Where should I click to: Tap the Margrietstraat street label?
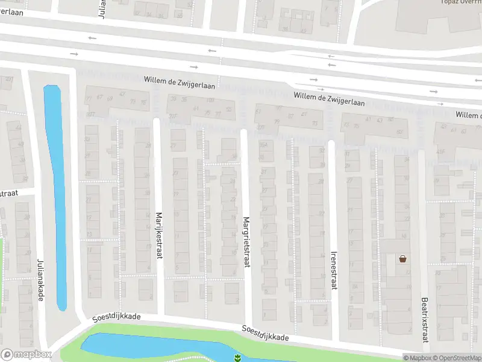(x=246, y=242)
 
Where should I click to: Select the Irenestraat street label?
(x=333, y=270)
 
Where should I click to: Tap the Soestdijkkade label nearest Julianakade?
(x=116, y=316)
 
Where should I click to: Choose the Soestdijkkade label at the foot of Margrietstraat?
(x=265, y=333)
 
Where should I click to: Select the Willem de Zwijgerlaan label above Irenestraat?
(x=329, y=99)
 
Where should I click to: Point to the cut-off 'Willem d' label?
(x=468, y=115)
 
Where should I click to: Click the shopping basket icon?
(x=402, y=259)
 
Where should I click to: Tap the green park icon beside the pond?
(x=238, y=358)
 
